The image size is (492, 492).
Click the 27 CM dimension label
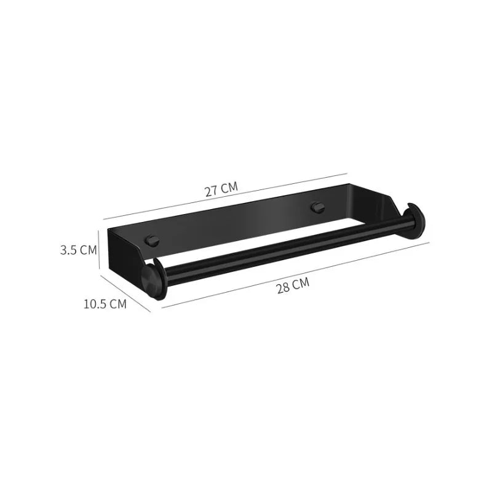coord(221,189)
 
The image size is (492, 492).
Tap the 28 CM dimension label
coord(292,287)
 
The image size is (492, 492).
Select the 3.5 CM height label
coord(79,250)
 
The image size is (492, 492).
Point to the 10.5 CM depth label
coord(105,304)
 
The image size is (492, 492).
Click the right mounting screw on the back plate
coord(318,207)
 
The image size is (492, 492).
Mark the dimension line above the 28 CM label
coord(295,274)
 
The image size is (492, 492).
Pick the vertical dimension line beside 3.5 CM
coord(99,249)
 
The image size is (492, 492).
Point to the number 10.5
coord(95,304)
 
